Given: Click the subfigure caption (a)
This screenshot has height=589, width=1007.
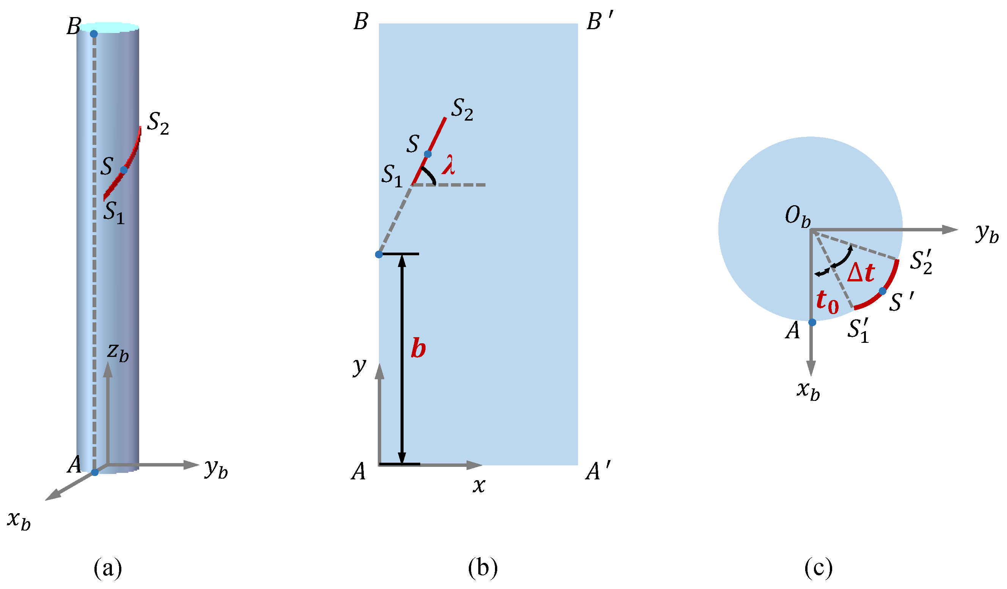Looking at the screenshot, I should click(x=107, y=568).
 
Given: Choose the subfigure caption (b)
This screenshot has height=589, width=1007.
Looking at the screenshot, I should click(x=483, y=568).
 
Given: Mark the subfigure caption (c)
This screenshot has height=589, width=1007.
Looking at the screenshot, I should click(x=818, y=568).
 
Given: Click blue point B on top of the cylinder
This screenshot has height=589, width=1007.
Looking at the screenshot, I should click(x=94, y=34).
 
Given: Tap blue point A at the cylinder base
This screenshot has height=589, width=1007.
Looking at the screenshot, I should click(x=95, y=472).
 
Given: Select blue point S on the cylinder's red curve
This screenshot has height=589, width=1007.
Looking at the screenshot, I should click(x=124, y=170).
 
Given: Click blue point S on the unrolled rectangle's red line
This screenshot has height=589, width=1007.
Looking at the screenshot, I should click(x=427, y=154).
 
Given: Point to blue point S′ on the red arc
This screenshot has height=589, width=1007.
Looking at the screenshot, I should click(x=882, y=291).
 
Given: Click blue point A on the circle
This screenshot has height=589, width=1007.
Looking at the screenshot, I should click(x=812, y=322).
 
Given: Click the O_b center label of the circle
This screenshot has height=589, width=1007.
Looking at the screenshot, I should click(x=798, y=218).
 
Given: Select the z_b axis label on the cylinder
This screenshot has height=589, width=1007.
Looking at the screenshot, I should click(x=118, y=352).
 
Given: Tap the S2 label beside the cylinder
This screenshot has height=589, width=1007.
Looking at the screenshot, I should click(x=158, y=124).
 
